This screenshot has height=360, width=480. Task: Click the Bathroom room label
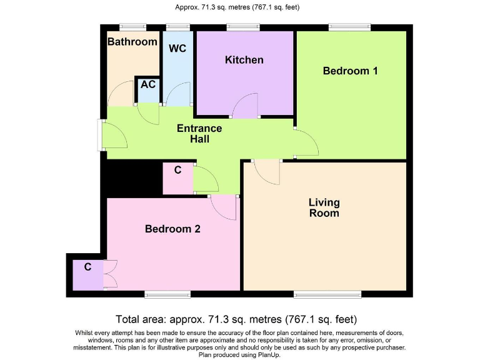click(x=132, y=42)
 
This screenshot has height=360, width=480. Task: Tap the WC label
click(x=177, y=48)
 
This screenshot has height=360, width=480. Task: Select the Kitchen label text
click(x=244, y=60)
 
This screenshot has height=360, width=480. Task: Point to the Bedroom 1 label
click(x=350, y=71)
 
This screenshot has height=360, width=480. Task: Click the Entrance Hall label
click(x=199, y=134)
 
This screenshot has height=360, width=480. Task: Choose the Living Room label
click(x=324, y=207)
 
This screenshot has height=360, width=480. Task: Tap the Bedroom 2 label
click(x=172, y=229)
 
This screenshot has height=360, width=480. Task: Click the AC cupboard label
click(x=147, y=84)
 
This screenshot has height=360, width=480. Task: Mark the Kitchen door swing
click(x=246, y=105)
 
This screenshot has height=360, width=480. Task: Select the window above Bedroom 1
click(x=350, y=27)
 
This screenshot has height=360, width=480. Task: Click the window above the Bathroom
click(x=133, y=27)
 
